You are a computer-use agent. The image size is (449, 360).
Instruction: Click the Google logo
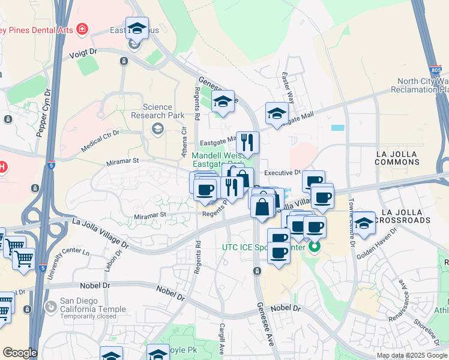coord(20,353)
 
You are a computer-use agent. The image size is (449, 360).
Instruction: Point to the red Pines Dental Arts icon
coord(82,29)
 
